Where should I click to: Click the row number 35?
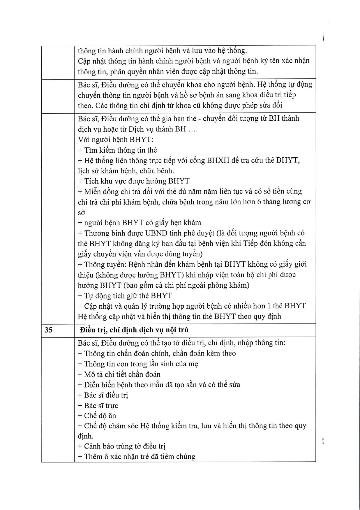click(x=48, y=330)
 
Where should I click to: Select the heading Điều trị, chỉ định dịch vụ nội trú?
click(x=134, y=330)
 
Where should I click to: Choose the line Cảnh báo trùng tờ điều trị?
click(x=122, y=446)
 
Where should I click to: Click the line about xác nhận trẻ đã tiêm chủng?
click(x=136, y=457)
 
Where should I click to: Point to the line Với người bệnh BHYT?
click(x=115, y=139)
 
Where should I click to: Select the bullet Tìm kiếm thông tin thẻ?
click(x=117, y=150)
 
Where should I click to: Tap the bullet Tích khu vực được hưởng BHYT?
click(x=134, y=181)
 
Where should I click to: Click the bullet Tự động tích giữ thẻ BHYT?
click(x=125, y=296)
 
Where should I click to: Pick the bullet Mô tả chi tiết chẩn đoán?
click(x=119, y=374)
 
